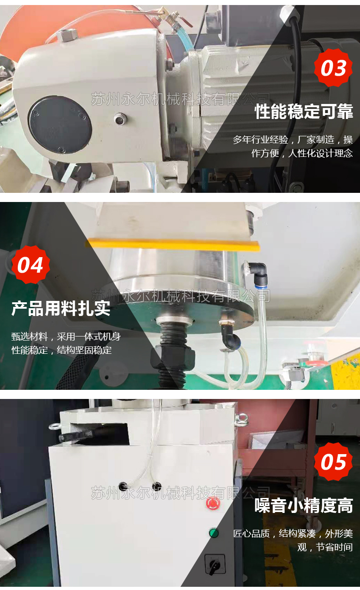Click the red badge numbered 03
(333, 67)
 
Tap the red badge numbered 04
(31, 265)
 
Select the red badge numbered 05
(333, 462)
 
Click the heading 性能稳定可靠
(303, 111)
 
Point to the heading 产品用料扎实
(61, 308)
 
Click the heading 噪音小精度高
(303, 506)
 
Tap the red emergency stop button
(213, 503)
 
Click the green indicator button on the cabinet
(214, 533)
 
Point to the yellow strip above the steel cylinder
(173, 244)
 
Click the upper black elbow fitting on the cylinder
(259, 270)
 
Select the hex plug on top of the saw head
(67, 35)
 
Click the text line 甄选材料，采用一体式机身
(66, 336)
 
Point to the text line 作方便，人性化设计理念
(302, 153)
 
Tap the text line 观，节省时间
(325, 547)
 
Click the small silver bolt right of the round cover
(120, 119)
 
